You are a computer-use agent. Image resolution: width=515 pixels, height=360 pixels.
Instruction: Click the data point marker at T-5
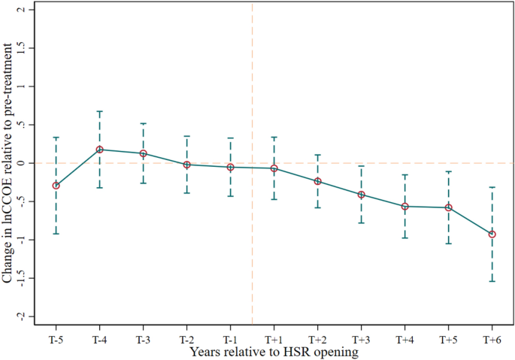pyautogui.click(x=56, y=185)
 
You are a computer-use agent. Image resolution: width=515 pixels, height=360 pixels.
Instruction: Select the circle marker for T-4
pyautogui.click(x=99, y=150)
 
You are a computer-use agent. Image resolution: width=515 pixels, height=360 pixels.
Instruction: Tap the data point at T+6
pyautogui.click(x=492, y=234)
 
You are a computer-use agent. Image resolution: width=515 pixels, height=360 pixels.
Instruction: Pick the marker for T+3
pyautogui.click(x=361, y=195)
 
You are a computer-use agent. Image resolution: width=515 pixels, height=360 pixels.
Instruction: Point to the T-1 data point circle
pyautogui.click(x=230, y=167)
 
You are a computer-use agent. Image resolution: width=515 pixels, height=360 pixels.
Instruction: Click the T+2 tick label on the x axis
pyautogui.click(x=317, y=340)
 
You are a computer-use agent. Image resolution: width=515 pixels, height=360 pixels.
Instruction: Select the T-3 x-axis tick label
pyautogui.click(x=143, y=340)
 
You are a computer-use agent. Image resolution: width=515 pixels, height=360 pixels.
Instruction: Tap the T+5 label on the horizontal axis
pyautogui.click(x=448, y=340)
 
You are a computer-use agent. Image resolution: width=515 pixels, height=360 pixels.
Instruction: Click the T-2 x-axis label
pyautogui.click(x=186, y=340)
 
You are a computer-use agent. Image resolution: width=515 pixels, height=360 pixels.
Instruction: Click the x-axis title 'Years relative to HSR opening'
pyautogui.click(x=274, y=351)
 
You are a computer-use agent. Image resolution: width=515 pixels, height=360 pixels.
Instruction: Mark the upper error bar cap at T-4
pyautogui.click(x=99, y=111)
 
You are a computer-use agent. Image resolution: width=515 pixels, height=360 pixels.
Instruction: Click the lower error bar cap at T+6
pyautogui.click(x=492, y=281)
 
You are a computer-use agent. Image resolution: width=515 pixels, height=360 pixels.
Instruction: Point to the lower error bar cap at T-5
pyautogui.click(x=56, y=234)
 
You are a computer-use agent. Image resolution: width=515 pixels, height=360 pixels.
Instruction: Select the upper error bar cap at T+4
pyautogui.click(x=404, y=175)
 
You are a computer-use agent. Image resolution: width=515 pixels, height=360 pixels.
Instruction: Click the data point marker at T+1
pyautogui.click(x=274, y=168)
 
